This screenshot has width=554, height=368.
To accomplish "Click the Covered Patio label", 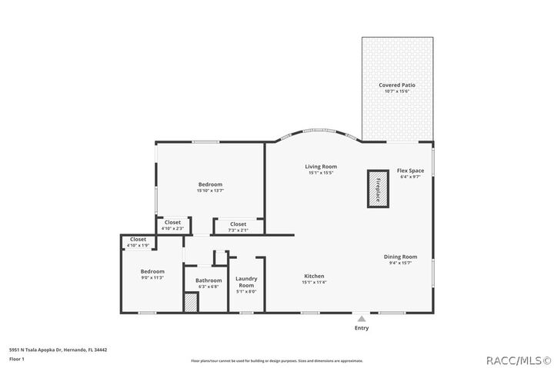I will (x=398, y=85).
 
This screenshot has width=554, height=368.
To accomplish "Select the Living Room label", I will (x=321, y=167).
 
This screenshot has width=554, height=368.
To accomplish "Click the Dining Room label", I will (x=401, y=257).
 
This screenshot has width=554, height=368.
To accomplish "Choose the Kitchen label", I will (x=314, y=276).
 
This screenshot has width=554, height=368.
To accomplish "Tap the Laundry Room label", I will (x=246, y=281).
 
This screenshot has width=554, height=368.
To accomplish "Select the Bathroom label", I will (x=208, y=280).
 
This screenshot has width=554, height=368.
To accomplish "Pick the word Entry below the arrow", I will (x=362, y=328).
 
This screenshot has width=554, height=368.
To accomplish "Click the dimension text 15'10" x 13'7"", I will (x=210, y=191).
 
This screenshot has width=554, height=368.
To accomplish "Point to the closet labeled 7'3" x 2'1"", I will (x=239, y=227).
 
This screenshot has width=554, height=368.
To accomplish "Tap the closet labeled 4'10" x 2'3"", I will (x=172, y=225).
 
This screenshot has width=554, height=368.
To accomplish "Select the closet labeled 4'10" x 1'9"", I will (x=138, y=242).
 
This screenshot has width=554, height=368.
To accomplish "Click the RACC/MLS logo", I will (x=514, y=358).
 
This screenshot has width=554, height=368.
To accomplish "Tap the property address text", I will (x=58, y=350).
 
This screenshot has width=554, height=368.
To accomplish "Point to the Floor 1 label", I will (x=17, y=359).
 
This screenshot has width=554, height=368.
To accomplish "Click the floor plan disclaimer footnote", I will (x=276, y=360).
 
